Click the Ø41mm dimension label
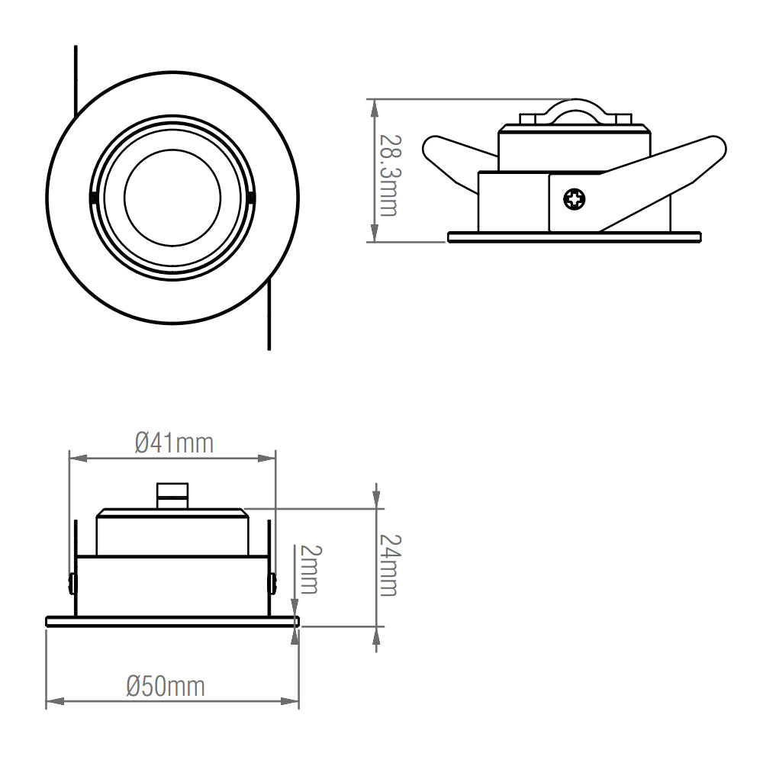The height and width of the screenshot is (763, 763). (174, 443)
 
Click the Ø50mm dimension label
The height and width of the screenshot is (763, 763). (166, 687)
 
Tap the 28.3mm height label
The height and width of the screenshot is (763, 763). (389, 175)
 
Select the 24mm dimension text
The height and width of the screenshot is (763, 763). (389, 565)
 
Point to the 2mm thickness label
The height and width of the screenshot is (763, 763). (310, 569)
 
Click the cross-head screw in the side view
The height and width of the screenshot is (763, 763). (575, 199)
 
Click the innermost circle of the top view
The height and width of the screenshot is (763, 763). (172, 198)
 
